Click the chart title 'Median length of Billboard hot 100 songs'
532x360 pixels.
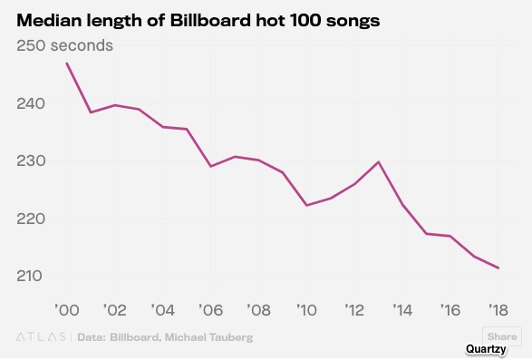point(198,21)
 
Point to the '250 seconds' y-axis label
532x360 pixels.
point(64,45)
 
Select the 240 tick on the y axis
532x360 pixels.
point(31,103)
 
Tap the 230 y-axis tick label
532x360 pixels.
point(31,161)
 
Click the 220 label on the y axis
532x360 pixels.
point(31,219)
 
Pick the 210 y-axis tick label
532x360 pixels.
point(30,276)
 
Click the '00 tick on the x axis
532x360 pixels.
point(67,310)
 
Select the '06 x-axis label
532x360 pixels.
point(210,310)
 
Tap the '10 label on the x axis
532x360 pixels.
point(306,310)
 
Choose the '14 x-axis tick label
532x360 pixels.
point(402,310)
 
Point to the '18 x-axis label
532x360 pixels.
point(498,310)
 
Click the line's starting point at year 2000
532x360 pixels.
point(67,63)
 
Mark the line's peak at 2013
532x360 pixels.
point(379,161)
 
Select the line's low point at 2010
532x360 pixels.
point(306,206)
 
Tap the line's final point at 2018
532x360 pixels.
point(498,268)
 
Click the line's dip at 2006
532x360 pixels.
point(210,167)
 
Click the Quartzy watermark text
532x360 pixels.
point(486,349)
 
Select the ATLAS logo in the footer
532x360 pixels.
point(41,337)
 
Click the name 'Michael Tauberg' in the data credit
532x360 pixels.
point(209,337)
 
